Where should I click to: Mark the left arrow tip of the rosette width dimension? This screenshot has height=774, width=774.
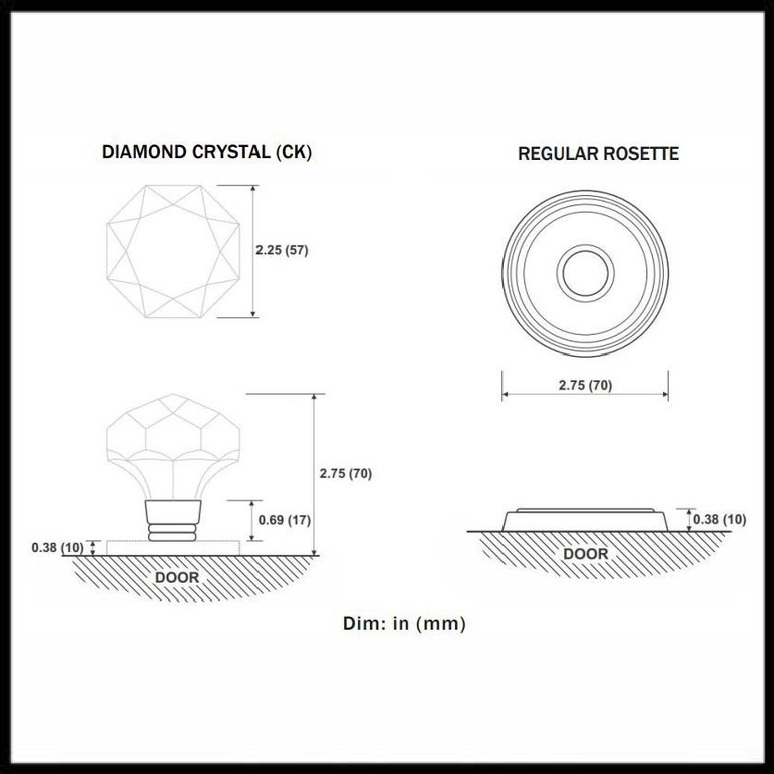(502, 394)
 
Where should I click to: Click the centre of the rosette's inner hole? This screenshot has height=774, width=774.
(585, 273)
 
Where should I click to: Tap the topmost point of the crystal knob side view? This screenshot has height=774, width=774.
(173, 395)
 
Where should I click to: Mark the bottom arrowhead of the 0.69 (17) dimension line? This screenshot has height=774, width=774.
(252, 539)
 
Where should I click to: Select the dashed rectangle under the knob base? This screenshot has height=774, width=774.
(173, 548)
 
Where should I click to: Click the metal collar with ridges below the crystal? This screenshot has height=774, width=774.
(173, 521)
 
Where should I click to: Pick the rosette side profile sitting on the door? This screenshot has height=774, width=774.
(585, 520)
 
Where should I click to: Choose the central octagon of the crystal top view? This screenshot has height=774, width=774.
(173, 252)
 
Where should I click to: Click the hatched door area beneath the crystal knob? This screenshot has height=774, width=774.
(192, 579)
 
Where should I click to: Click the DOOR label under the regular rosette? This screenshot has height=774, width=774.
(585, 554)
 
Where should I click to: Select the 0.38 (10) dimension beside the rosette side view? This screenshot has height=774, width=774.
(719, 520)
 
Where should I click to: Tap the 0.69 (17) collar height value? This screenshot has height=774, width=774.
(285, 520)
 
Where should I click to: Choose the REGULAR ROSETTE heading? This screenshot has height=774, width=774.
(598, 154)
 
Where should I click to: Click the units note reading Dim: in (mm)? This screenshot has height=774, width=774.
(404, 623)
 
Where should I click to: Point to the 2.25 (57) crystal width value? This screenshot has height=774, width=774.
(282, 250)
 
